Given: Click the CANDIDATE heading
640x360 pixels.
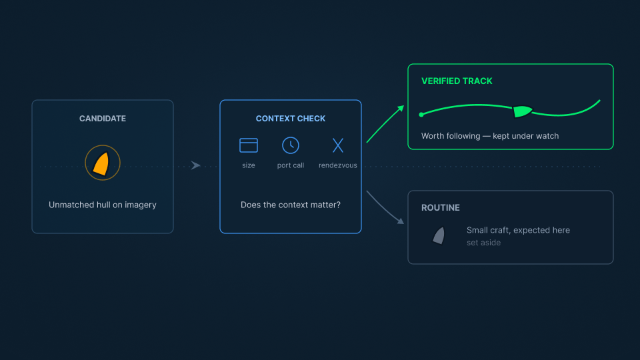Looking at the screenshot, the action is (x=103, y=119).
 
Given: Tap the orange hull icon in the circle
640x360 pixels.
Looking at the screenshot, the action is (x=101, y=164).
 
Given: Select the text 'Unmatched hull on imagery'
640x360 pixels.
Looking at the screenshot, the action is (x=103, y=205).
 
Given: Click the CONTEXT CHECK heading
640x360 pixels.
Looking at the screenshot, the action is (x=291, y=119).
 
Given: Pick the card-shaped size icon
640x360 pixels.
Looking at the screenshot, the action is (x=249, y=145).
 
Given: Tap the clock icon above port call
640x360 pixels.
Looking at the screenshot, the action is (x=291, y=145).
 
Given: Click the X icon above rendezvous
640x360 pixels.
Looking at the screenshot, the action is (x=338, y=145).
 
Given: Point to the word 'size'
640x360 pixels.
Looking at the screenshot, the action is (x=249, y=165).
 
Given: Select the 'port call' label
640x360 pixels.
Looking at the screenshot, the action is (x=291, y=165).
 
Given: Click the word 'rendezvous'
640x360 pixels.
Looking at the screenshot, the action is (x=338, y=165).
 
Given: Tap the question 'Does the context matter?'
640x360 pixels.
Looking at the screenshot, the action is (x=291, y=205).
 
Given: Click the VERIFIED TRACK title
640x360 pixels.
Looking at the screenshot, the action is (x=457, y=81).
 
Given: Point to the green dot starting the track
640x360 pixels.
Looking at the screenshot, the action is (x=421, y=115).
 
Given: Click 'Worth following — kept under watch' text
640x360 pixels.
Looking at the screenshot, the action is (x=490, y=136).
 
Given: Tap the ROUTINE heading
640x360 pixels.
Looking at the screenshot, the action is (x=441, y=207).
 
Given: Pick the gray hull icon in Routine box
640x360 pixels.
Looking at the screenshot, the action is (x=439, y=235).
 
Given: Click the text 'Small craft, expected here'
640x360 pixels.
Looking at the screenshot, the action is (x=519, y=230).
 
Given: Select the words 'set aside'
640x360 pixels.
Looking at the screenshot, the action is (x=484, y=243).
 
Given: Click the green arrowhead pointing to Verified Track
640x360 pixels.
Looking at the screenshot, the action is (x=401, y=109).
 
